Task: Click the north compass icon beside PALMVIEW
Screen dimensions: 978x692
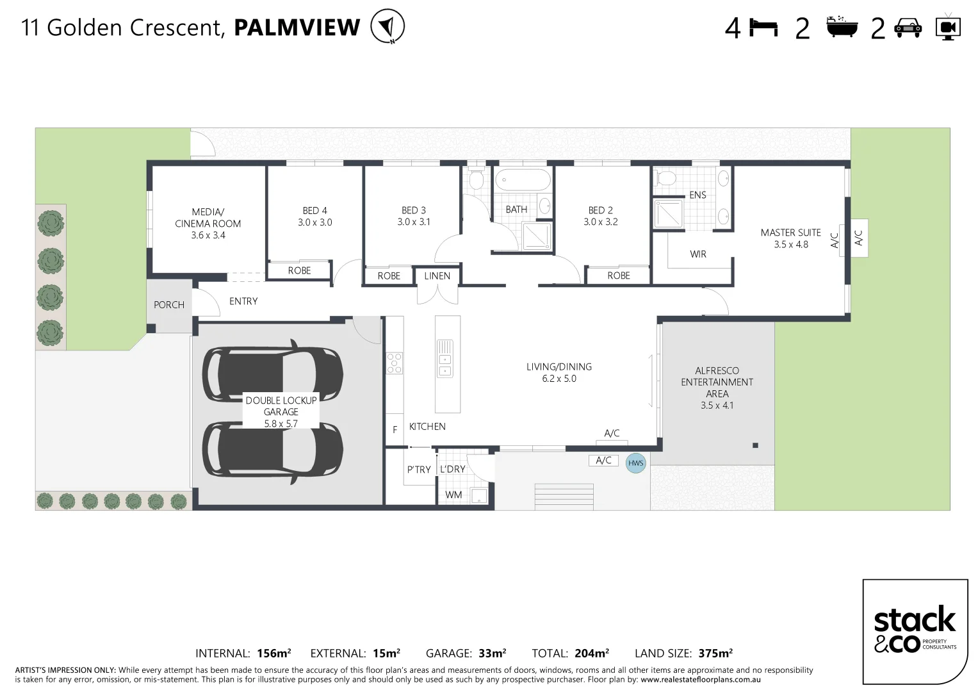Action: (387, 26)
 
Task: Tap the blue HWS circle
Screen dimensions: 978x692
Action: (635, 463)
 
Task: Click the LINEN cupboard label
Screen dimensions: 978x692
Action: (437, 276)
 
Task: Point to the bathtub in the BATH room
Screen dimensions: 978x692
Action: (523, 179)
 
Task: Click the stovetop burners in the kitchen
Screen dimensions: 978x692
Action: (395, 363)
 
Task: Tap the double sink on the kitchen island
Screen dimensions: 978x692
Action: (445, 359)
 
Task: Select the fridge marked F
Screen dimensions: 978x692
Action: (395, 429)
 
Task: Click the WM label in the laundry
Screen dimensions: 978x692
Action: (453, 495)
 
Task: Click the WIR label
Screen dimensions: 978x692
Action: (697, 254)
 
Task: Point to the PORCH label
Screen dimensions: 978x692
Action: (169, 304)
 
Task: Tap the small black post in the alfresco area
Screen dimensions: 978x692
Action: (755, 445)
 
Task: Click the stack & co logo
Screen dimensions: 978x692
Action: (915, 632)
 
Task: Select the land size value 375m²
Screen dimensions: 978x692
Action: (715, 653)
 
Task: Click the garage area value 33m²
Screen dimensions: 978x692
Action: (492, 653)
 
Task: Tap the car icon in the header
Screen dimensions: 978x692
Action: (908, 28)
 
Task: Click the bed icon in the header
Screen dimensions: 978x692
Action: (763, 28)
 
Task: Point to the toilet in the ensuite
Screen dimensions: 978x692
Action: (665, 178)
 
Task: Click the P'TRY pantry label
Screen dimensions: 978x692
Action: (419, 469)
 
